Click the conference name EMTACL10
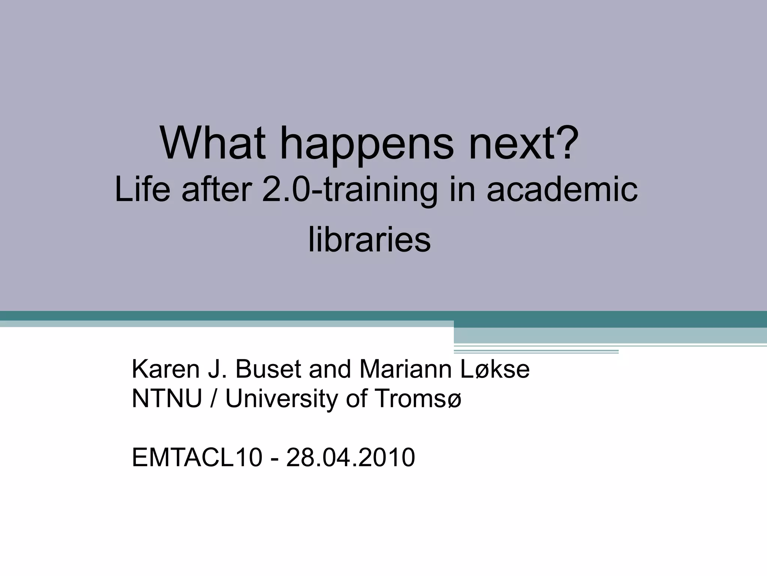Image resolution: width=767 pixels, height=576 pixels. click(197, 457)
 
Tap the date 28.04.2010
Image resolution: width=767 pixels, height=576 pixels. click(351, 457)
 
